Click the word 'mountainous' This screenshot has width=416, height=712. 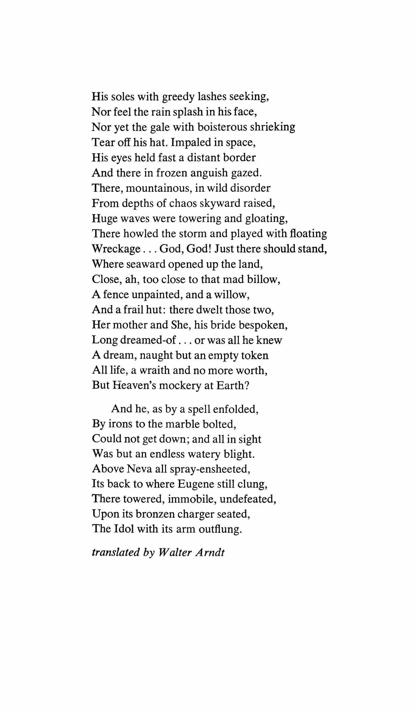click(159, 188)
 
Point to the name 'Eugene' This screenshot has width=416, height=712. click(195, 484)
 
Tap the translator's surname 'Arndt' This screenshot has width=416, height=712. click(210, 552)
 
